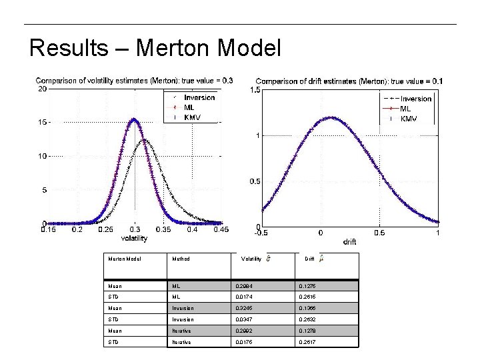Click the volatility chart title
click(x=134, y=81)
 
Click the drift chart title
click(x=349, y=81)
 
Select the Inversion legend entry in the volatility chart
click(x=199, y=97)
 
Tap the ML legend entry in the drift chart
click(x=405, y=109)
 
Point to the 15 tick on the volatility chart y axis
click(x=42, y=123)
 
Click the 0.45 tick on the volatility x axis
click(x=221, y=230)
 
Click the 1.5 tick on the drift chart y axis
click(x=255, y=90)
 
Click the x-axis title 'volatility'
click(x=134, y=238)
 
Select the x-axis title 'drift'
click(x=349, y=241)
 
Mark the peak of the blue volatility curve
click(x=134, y=119)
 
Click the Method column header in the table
click(x=181, y=259)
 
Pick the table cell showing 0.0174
click(x=245, y=297)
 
